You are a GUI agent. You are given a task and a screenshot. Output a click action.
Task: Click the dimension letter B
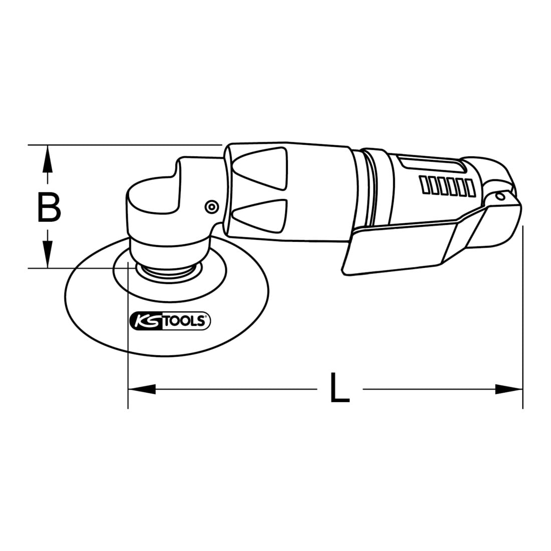click(49, 208)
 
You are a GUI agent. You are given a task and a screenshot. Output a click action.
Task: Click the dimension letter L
click(340, 388)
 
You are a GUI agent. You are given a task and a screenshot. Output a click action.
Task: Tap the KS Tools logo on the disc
click(170, 321)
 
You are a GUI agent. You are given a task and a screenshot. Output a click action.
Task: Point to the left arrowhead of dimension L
click(142, 389)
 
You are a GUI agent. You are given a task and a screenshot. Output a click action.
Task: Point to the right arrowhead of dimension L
click(509, 389)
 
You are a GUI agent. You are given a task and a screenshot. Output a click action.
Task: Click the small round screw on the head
click(211, 207)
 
